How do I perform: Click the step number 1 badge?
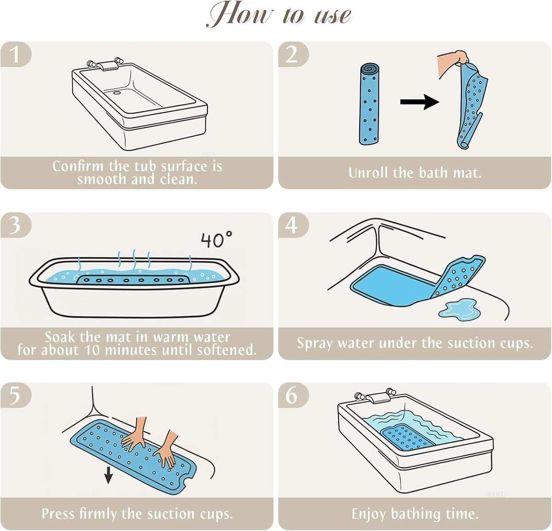pos(16,54)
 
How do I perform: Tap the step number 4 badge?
pos(293,225)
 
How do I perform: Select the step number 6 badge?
pos(293,395)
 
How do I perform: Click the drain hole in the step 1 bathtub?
pos(117,92)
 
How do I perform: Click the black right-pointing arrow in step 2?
pos(419,102)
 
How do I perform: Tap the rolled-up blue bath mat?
pos(369,104)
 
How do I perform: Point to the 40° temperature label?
pos(217,240)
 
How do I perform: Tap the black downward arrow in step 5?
pos(108,475)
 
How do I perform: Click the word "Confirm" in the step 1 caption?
pos(78,166)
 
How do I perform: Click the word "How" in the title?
pos(241,15)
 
